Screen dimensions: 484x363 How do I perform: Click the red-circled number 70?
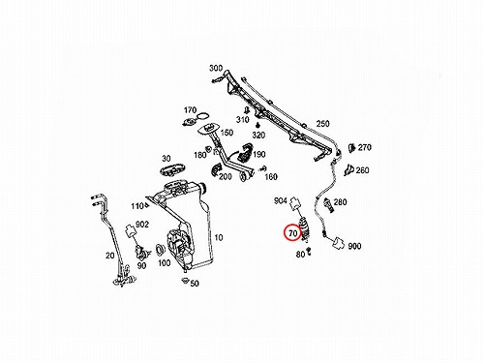292,233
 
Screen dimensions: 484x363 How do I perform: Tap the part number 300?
216,68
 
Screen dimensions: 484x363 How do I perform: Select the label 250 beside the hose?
322,124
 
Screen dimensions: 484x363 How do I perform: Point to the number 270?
365,147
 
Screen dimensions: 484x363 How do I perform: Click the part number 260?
362,170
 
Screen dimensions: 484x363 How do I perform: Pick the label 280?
340,202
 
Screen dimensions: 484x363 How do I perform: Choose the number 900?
354,246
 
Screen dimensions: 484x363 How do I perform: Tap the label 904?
281,200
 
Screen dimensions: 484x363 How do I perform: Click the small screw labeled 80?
309,251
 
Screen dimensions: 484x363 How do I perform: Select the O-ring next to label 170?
203,116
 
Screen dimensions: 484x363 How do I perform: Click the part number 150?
227,133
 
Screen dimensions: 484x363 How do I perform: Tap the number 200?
226,177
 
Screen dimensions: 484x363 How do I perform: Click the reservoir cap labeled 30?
172,169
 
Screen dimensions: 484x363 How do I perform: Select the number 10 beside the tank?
219,238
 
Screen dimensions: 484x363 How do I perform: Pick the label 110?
136,206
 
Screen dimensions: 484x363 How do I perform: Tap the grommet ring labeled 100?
160,250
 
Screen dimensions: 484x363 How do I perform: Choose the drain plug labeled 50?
185,281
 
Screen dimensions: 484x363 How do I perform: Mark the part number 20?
110,256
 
